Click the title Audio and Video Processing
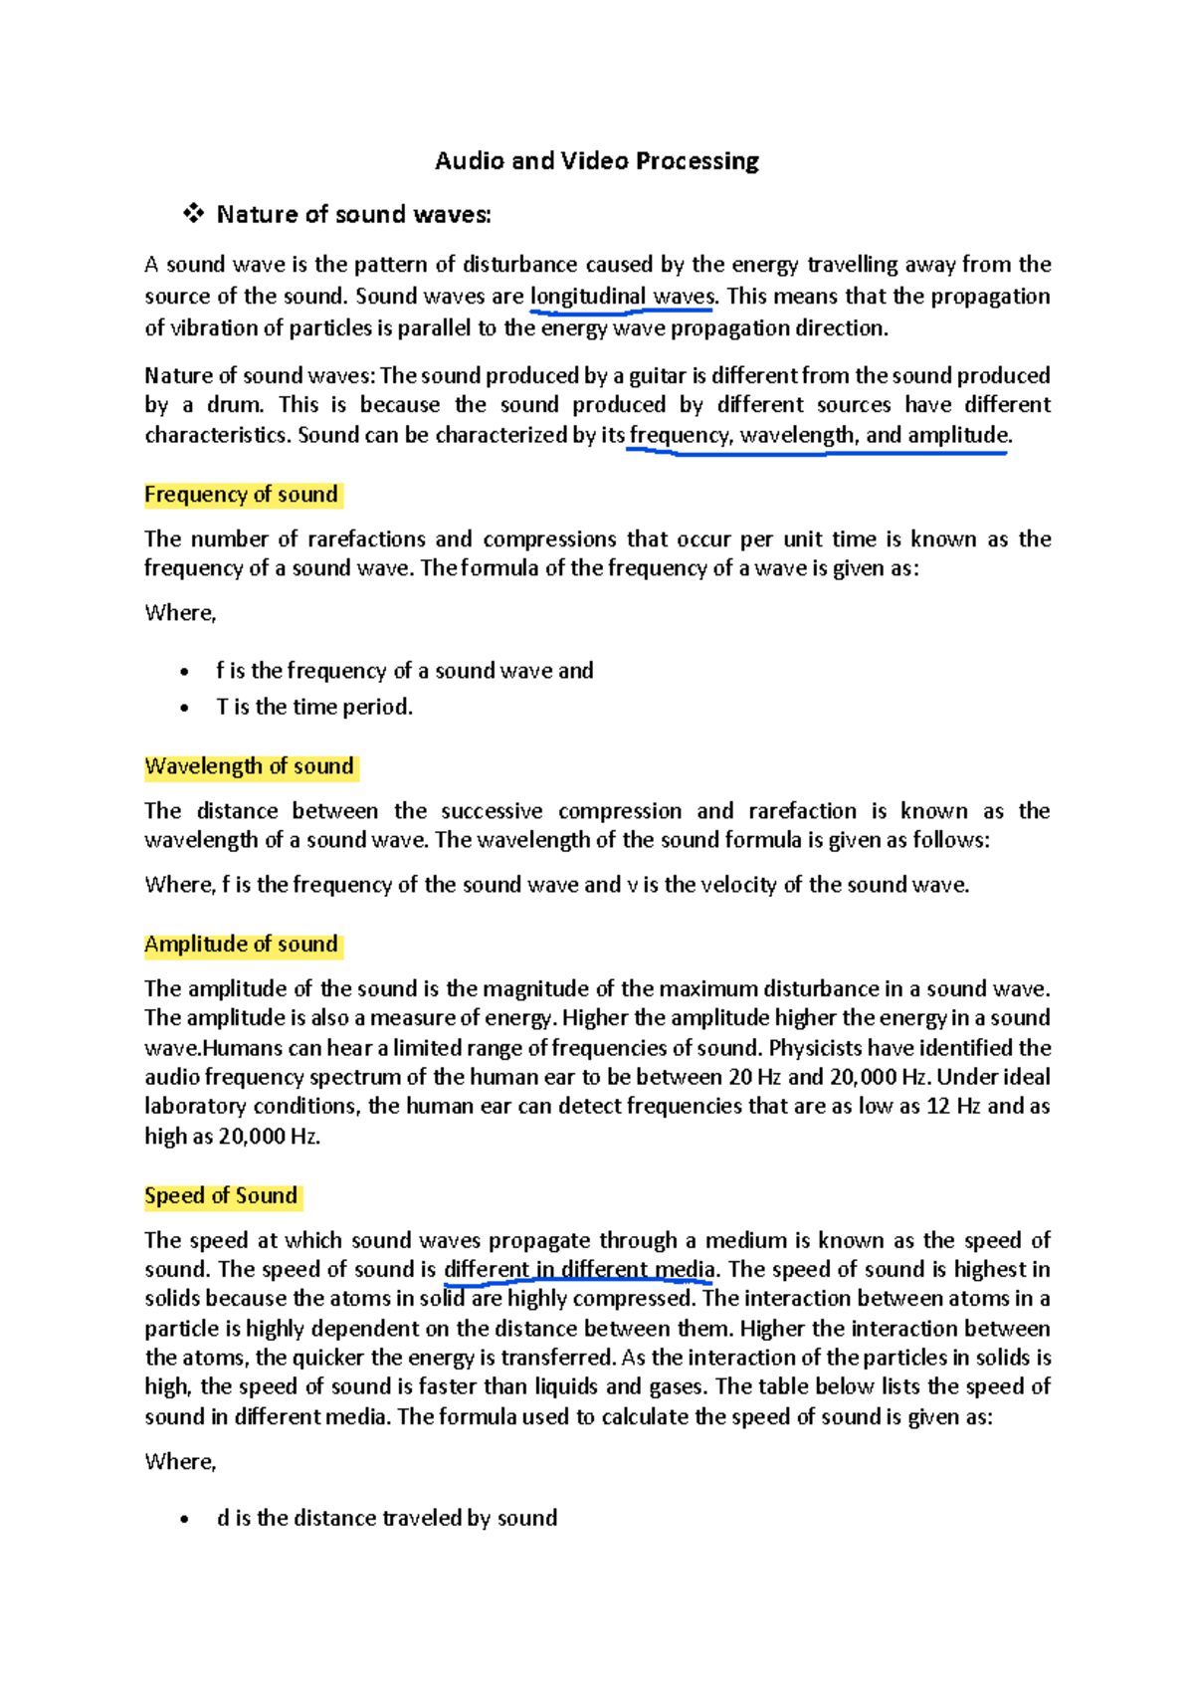596,161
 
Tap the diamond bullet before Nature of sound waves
193,213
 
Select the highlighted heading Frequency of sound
241,495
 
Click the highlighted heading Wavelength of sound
249,766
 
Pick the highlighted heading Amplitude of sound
241,945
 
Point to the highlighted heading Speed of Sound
221,1196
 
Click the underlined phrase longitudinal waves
622,297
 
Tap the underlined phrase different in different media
579,1270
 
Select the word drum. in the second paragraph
236,405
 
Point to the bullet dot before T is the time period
184,709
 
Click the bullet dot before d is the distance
184,1520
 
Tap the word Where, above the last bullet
180,1462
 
